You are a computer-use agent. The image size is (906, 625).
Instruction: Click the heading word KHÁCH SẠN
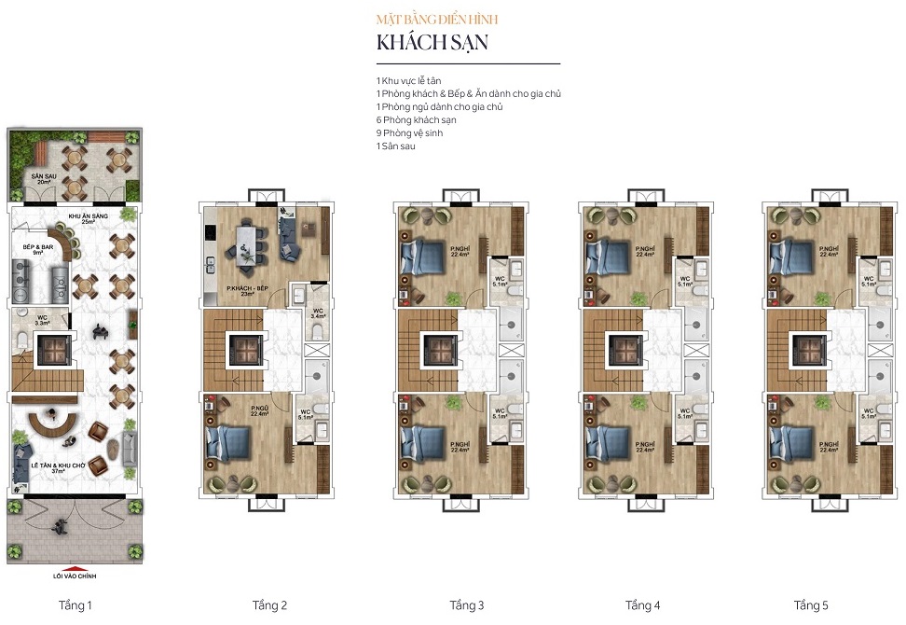pyautogui.click(x=432, y=43)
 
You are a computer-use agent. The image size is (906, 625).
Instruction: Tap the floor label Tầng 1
pyautogui.click(x=75, y=605)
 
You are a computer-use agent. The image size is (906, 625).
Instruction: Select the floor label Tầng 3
pyautogui.click(x=467, y=605)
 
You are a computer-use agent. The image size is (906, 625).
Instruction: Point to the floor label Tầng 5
pyautogui.click(x=811, y=605)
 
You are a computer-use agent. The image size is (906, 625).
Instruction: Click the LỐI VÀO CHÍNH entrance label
pyautogui.click(x=76, y=576)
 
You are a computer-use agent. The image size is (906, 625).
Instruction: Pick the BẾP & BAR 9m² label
pyautogui.click(x=35, y=249)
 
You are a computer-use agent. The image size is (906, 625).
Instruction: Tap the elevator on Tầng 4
pyautogui.click(x=622, y=350)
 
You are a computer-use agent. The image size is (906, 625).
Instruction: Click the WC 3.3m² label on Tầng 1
pyautogui.click(x=43, y=320)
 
